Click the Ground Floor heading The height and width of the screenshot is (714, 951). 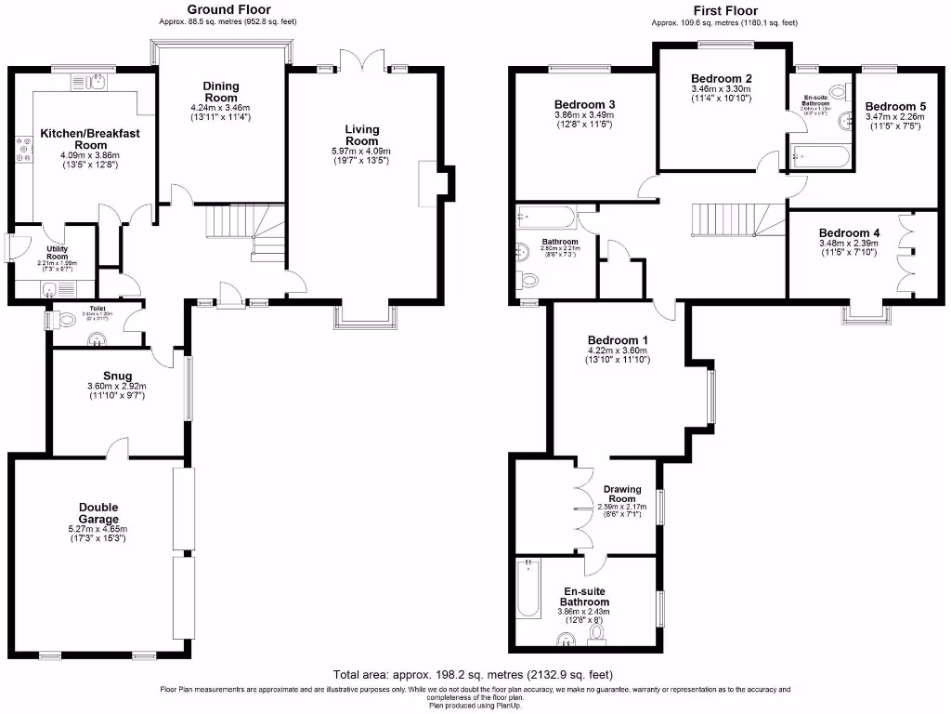(228, 10)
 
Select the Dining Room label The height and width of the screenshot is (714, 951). (221, 92)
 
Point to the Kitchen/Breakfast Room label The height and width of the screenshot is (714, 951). (90, 139)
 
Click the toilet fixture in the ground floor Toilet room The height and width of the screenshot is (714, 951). (64, 319)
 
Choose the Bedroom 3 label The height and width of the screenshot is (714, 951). (585, 104)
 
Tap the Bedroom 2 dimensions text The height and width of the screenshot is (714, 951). (721, 93)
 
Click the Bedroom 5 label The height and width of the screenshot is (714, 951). (894, 107)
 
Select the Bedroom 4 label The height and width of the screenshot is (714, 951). (850, 233)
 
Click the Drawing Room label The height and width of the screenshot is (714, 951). (623, 494)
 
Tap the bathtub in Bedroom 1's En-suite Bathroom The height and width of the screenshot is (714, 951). (528, 588)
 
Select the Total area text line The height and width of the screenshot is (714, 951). (473, 674)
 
